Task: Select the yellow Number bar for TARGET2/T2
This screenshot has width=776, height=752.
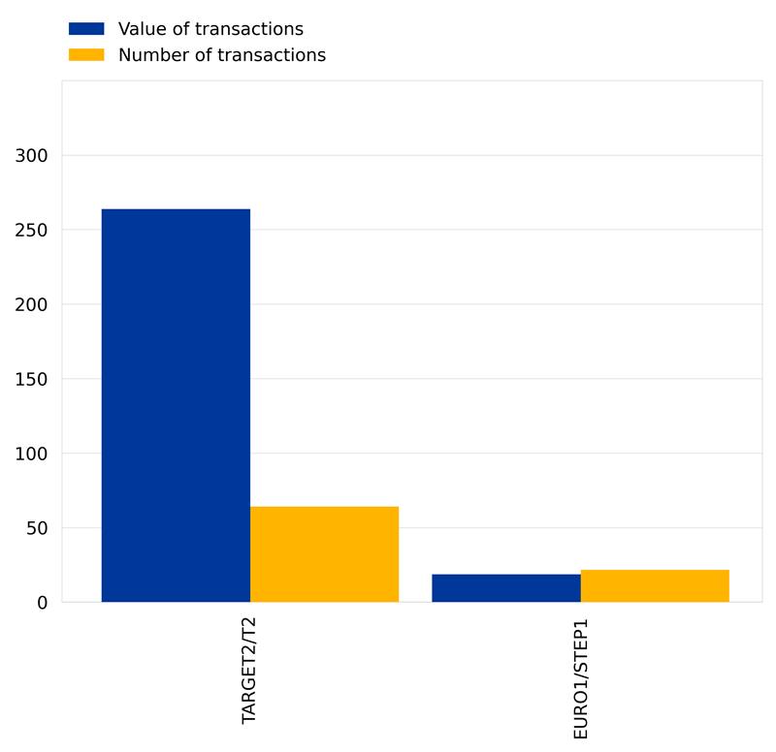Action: pyautogui.click(x=324, y=554)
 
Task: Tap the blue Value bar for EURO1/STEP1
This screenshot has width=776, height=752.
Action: pyautogui.click(x=505, y=588)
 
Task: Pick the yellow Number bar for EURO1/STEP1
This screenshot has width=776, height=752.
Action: pyautogui.click(x=655, y=586)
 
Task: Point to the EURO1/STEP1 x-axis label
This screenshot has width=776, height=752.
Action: pyautogui.click(x=580, y=679)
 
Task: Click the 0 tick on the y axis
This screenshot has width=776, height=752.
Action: pyautogui.click(x=42, y=603)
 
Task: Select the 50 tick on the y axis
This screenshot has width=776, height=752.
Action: pyautogui.click(x=36, y=528)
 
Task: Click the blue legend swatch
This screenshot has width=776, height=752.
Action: pyautogui.click(x=85, y=29)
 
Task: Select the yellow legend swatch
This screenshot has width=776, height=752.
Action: pyautogui.click(x=85, y=55)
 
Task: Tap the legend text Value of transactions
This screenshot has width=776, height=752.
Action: pyautogui.click(x=210, y=29)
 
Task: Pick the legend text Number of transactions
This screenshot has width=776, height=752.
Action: pyautogui.click(x=221, y=55)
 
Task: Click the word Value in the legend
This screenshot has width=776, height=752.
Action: pyautogui.click(x=140, y=29)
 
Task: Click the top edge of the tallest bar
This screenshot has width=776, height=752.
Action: pyautogui.click(x=176, y=209)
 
